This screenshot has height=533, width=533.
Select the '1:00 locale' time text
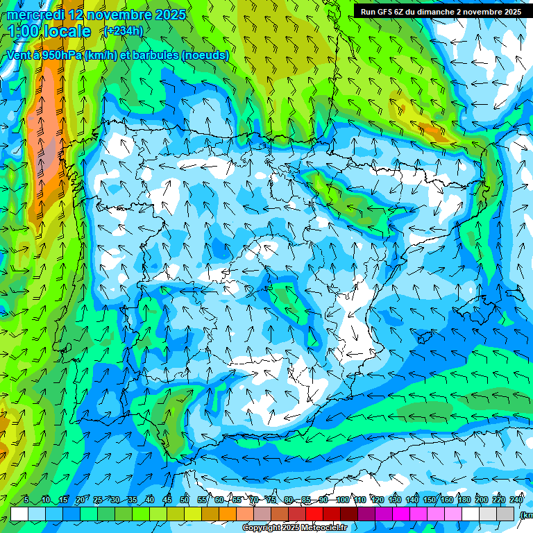coord(49,31)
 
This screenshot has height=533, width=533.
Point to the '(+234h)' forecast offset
coord(123,31)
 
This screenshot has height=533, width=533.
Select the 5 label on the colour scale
coord(26,500)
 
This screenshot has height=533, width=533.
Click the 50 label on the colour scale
coord(184,500)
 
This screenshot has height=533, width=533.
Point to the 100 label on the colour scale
coord(342,500)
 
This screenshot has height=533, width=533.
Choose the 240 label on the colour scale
coord(516,500)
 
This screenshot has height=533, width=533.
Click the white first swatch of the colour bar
coord(19,514)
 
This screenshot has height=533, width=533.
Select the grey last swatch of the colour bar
coord(507,514)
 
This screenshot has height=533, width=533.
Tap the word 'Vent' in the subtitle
coord(20,56)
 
